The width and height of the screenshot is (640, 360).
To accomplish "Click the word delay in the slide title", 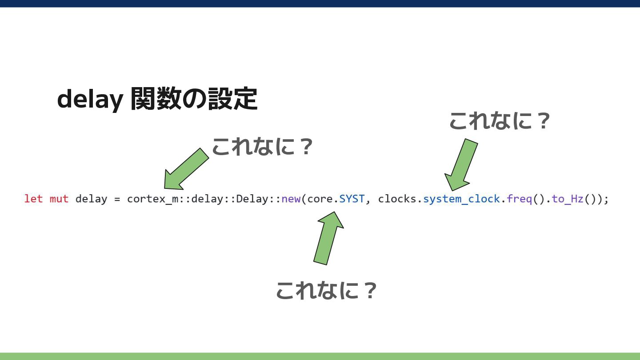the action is pyautogui.click(x=90, y=100).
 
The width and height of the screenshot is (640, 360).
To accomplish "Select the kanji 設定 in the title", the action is pyautogui.click(x=233, y=99).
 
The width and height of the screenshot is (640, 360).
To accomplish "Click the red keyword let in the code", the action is pyautogui.click(x=33, y=199).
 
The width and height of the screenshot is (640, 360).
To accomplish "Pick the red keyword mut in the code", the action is pyautogui.click(x=59, y=199).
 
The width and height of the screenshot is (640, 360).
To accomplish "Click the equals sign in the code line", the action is pyautogui.click(x=117, y=199).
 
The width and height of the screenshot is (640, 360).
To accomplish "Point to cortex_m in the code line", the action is pyautogui.click(x=152, y=199).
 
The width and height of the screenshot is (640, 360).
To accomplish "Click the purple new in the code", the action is pyautogui.click(x=291, y=199).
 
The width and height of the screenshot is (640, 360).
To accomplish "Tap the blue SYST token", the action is pyautogui.click(x=352, y=199).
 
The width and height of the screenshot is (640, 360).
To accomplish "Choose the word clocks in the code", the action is pyautogui.click(x=397, y=199).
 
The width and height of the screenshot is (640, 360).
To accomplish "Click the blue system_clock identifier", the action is pyautogui.click(x=461, y=199).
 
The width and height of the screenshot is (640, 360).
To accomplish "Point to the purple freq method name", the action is pyautogui.click(x=519, y=199).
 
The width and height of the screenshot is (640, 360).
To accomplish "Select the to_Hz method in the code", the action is pyautogui.click(x=568, y=199).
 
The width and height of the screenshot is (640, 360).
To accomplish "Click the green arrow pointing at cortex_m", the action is pyautogui.click(x=185, y=170).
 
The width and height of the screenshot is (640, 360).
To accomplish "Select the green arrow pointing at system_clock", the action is pyautogui.click(x=460, y=165).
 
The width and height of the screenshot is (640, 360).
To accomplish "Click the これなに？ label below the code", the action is pyautogui.click(x=326, y=290).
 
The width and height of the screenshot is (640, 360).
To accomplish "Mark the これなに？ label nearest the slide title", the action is pyautogui.click(x=263, y=147).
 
